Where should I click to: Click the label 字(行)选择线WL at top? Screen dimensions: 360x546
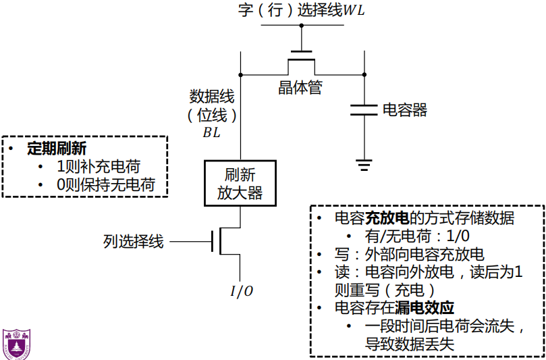[302, 11]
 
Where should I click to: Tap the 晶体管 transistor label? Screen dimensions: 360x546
[300, 88]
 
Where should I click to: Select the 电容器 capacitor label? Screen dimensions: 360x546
[405, 110]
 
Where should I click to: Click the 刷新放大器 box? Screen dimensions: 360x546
[240, 184]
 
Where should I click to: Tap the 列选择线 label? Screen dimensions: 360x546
[133, 241]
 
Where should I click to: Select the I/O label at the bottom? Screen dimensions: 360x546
[242, 291]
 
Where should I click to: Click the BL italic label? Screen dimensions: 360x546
[212, 133]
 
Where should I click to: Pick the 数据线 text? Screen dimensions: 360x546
[212, 97]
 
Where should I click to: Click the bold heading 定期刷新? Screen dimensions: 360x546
[56, 149]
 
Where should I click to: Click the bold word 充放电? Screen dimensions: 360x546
[387, 218]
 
